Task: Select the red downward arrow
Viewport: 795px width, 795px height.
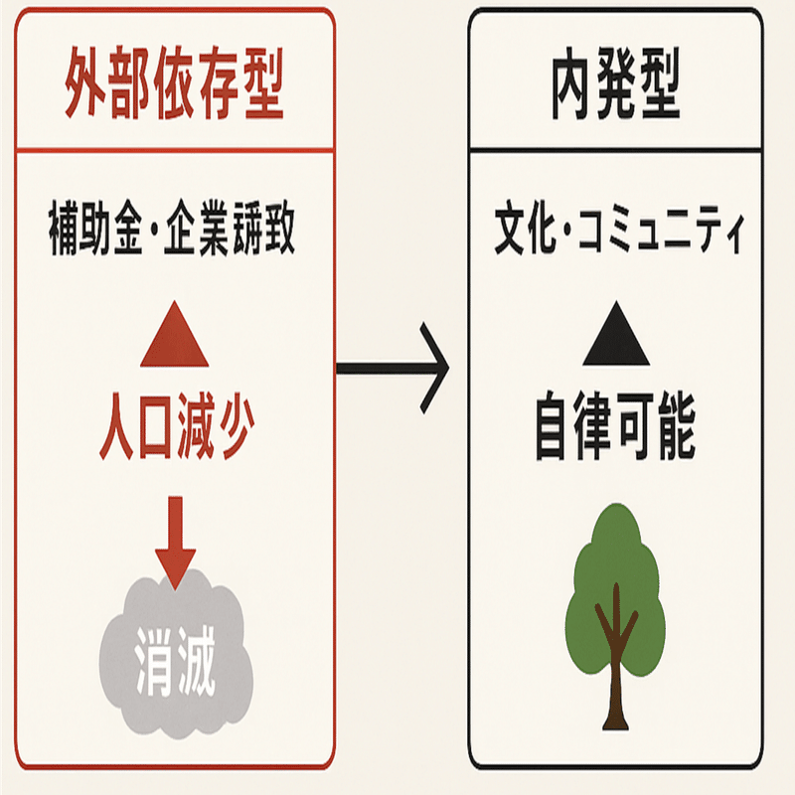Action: pos(175,544)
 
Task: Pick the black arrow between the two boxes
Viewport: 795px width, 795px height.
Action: pos(394,369)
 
